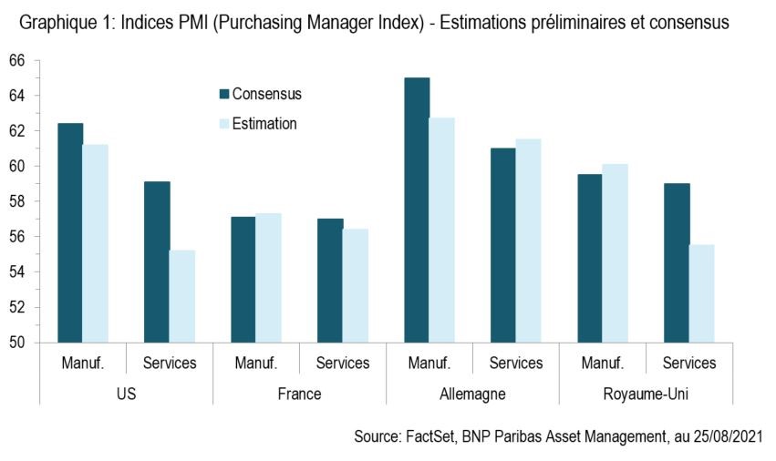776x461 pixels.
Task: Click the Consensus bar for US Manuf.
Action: tap(70, 232)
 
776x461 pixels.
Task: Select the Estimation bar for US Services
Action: tap(182, 296)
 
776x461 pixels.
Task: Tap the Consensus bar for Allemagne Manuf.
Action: tap(417, 210)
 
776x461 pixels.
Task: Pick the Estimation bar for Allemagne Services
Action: tap(528, 241)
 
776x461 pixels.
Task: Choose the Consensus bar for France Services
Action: tap(329, 281)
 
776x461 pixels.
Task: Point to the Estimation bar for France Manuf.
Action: tap(269, 278)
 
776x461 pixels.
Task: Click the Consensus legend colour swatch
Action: tap(223, 94)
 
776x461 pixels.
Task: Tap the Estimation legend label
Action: tap(264, 124)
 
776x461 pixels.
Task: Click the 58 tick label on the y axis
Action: tap(17, 201)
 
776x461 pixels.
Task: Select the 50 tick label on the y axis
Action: tap(17, 343)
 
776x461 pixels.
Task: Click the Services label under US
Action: tap(170, 363)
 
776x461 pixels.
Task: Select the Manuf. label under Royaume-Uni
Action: tap(602, 363)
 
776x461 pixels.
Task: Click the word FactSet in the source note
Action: tap(429, 437)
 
